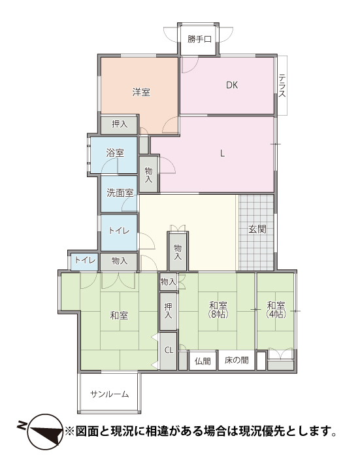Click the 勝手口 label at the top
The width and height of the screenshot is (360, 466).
[199, 39]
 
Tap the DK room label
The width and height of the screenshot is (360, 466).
[232, 86]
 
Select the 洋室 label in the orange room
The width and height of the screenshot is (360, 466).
[141, 92]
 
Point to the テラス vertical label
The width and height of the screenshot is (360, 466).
[282, 86]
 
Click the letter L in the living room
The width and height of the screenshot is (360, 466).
[222, 154]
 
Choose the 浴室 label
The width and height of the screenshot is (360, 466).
[115, 153]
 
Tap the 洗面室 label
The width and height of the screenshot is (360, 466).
[120, 193]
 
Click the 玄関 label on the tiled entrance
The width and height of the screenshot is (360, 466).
[257, 229]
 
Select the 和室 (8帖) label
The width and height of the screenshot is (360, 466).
[218, 310]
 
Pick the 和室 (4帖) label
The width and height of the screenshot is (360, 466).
[276, 310]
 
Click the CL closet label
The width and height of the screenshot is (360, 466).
[169, 350]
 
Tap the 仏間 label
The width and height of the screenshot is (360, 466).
[203, 361]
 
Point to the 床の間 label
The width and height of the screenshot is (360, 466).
[237, 361]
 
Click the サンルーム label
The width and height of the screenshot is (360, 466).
[109, 394]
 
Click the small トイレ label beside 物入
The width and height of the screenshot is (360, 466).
[85, 260]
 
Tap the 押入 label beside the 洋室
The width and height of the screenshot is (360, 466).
[120, 124]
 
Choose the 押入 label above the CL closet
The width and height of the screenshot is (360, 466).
[168, 311]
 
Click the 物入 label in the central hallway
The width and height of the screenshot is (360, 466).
[178, 252]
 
